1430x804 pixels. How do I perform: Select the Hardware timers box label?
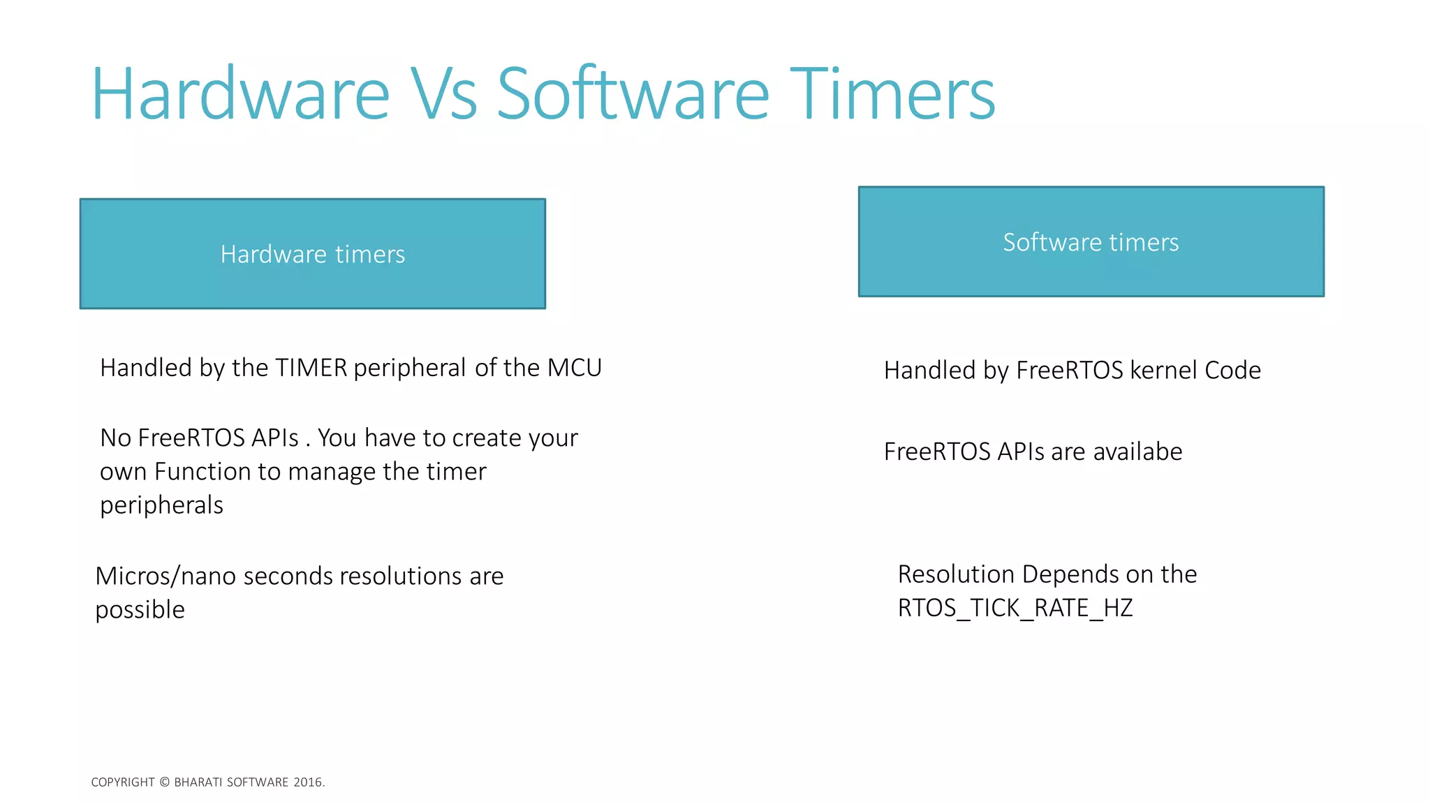(312, 254)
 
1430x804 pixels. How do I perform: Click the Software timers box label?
(1091, 242)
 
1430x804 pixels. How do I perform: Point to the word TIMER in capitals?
(311, 368)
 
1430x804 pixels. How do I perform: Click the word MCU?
(574, 368)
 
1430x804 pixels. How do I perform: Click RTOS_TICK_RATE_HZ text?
(1015, 608)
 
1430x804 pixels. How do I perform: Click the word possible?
(140, 610)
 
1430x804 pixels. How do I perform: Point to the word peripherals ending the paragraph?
(161, 505)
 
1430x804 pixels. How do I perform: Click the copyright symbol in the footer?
(165, 782)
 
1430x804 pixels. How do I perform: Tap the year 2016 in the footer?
(308, 782)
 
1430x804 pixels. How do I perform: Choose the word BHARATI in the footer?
(198, 782)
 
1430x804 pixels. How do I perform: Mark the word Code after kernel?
(1232, 370)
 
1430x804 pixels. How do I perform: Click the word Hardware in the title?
(240, 94)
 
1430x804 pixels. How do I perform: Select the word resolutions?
(401, 576)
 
